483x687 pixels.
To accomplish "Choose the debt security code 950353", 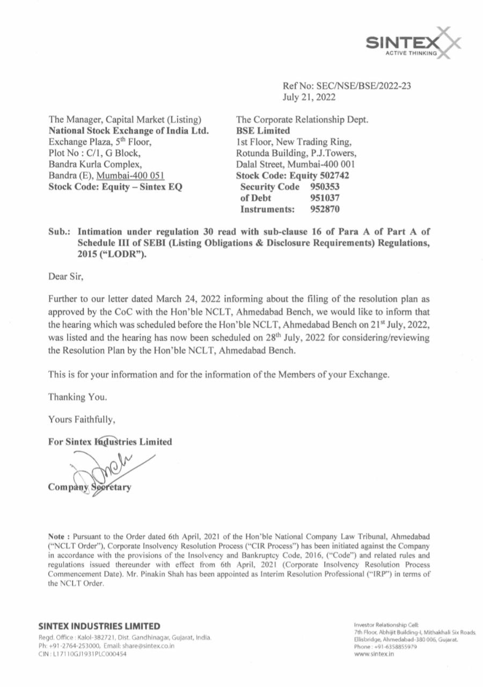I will pyautogui.click(x=325, y=187).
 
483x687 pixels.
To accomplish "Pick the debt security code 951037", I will pyautogui.click(x=325, y=199).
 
